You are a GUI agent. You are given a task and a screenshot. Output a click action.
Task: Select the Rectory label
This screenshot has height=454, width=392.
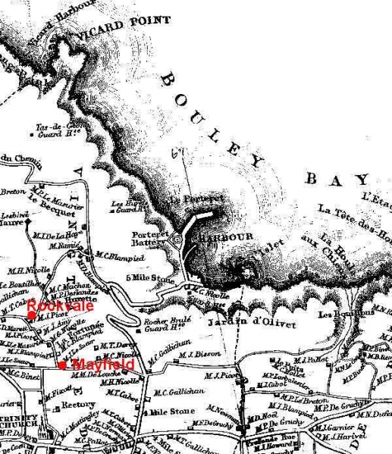click(77, 405)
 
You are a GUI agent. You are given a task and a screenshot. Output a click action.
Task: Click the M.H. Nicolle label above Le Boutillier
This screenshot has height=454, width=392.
click(27, 269)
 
